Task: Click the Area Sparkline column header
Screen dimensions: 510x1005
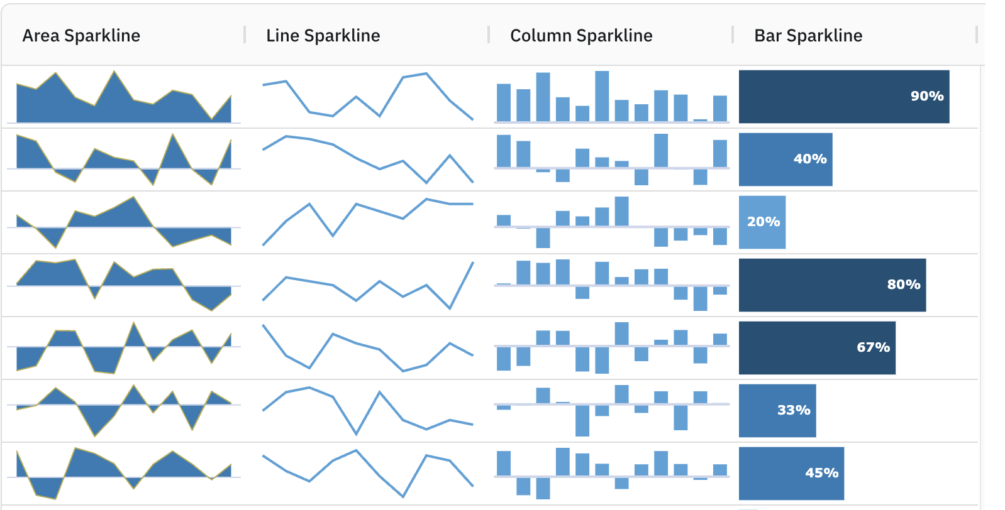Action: pyautogui.click(x=81, y=36)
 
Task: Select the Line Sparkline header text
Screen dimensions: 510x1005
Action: pyautogui.click(x=323, y=36)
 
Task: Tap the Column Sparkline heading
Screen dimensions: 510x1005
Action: pyautogui.click(x=581, y=36)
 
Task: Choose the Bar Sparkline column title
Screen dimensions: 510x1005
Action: pyautogui.click(x=808, y=36)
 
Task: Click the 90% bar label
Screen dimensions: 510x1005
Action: pyautogui.click(x=927, y=96)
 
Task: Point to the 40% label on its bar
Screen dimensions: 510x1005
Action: pyautogui.click(x=810, y=159)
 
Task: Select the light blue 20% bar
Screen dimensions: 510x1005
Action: pyautogui.click(x=762, y=222)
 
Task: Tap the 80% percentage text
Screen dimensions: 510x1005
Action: pyautogui.click(x=904, y=285)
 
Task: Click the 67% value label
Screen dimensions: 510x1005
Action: pyautogui.click(x=873, y=347)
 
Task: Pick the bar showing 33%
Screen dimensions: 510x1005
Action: pyautogui.click(x=777, y=410)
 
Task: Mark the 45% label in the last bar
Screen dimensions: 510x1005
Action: pyautogui.click(x=821, y=473)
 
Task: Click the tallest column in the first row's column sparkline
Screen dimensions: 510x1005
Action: pyautogui.click(x=602, y=95)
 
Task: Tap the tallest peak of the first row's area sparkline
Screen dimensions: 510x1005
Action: pyautogui.click(x=114, y=73)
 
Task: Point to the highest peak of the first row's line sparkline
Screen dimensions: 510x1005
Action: pyautogui.click(x=426, y=74)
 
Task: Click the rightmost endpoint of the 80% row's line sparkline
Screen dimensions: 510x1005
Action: pyautogui.click(x=472, y=263)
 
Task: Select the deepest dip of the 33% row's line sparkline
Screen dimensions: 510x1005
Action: pyautogui.click(x=356, y=433)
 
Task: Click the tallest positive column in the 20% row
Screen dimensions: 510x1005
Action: pyautogui.click(x=621, y=211)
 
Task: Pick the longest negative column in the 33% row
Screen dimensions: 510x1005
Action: pyautogui.click(x=582, y=420)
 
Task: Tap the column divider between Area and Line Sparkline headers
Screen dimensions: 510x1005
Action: pyautogui.click(x=245, y=35)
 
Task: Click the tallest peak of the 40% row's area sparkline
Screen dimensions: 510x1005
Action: pyautogui.click(x=172, y=135)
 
